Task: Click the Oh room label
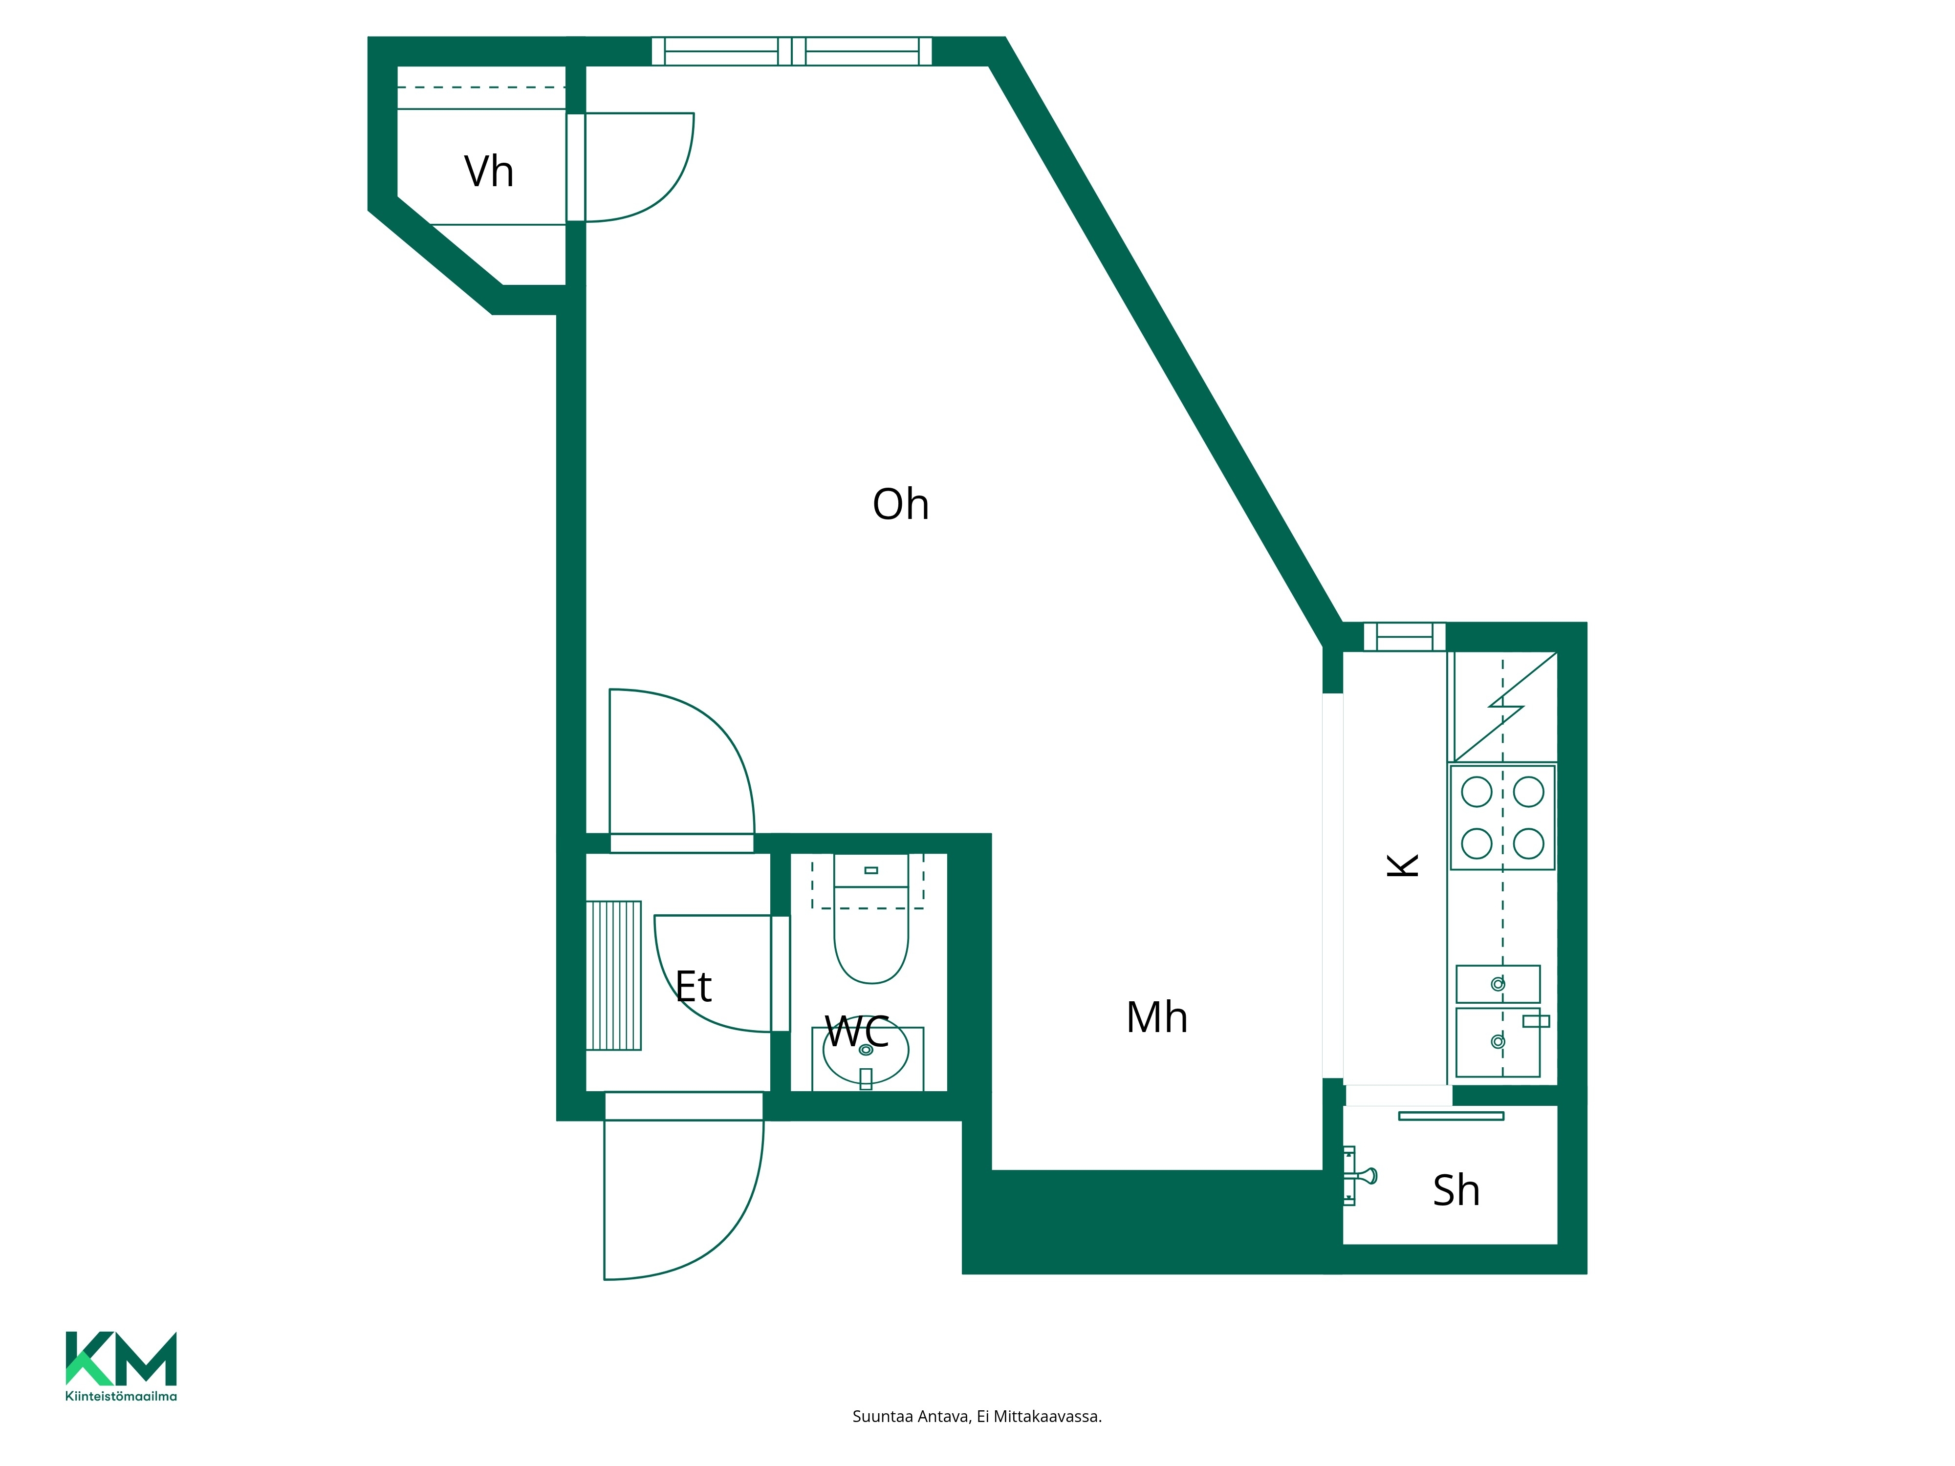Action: pos(901,505)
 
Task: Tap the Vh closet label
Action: pos(489,172)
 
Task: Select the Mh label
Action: pos(1157,1017)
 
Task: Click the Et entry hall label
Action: pos(694,986)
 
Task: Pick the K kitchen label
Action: pos(1403,865)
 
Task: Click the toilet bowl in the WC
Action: pos(871,919)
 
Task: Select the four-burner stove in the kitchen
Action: pos(1502,818)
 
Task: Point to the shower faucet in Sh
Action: pos(1359,1175)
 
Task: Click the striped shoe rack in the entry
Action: pos(613,975)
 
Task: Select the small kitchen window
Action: pos(1404,636)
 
